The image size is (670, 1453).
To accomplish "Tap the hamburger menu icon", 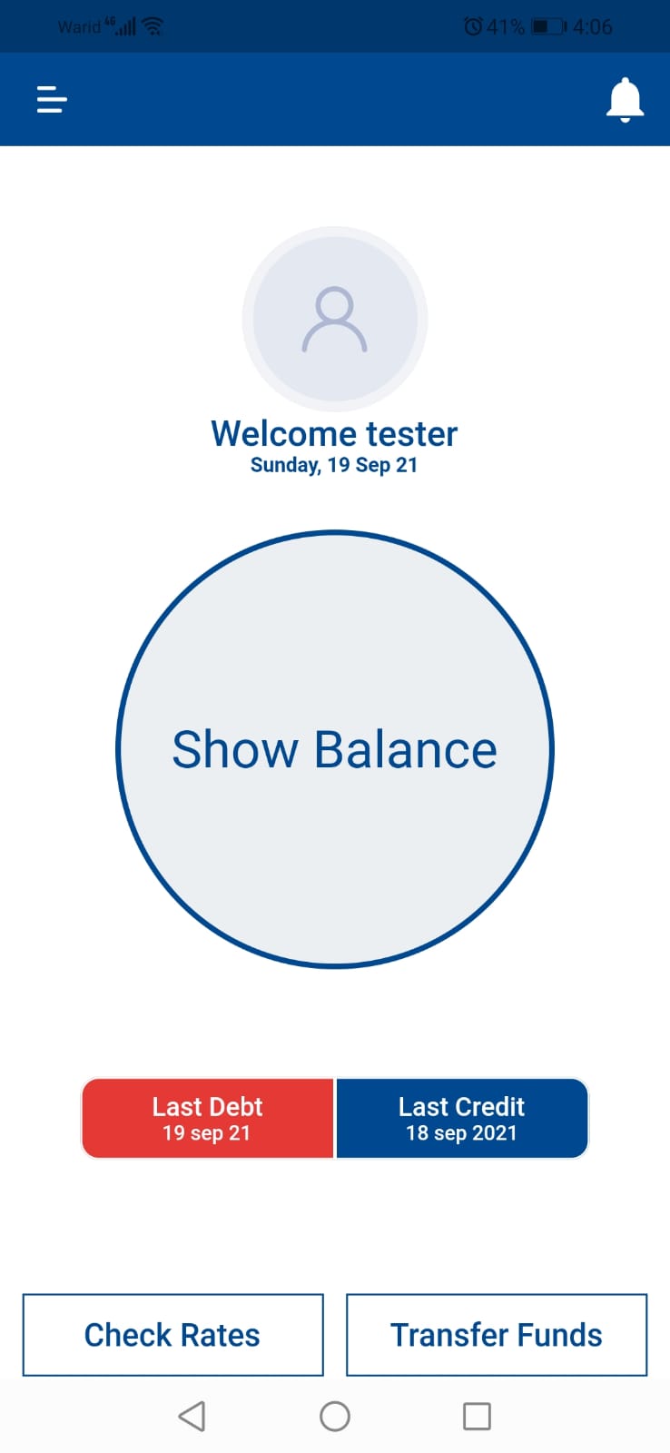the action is coord(52,99).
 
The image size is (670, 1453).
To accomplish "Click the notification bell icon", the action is coord(625,99).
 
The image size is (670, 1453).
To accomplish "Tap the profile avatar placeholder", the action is coord(334,319).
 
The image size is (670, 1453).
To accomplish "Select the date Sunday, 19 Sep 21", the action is coord(334,465).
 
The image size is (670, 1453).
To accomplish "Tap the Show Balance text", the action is coord(334,750).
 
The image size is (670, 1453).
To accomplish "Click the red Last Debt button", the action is coord(207,1118).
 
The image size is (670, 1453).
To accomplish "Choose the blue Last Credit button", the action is coord(461,1118).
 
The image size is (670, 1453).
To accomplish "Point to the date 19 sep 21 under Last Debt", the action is coord(206,1133).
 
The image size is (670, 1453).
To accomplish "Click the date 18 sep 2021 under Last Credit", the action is coord(461,1133).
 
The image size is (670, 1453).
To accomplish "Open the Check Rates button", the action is coord(172,1335).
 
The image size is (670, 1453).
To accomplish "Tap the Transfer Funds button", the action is coord(497,1335).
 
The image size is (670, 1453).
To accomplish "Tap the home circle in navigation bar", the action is coord(335,1416).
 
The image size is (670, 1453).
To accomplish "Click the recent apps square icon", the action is coord(477,1416).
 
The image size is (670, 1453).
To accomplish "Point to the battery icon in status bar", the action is coord(547,26).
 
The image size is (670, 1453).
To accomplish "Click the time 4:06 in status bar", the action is coord(593,27).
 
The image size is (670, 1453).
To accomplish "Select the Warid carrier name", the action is coord(78,27).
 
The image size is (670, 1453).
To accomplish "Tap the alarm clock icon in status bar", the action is coord(473,26).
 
